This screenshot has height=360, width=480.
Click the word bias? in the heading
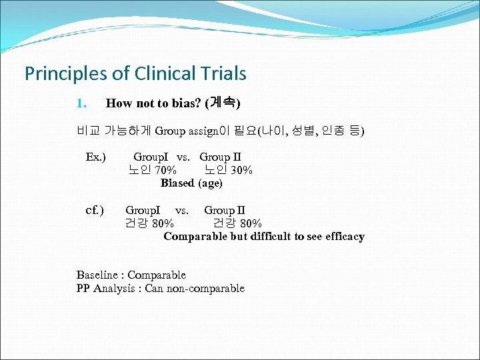pyautogui.click(x=190, y=103)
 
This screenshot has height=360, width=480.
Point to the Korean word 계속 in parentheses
pyautogui.click(x=223, y=103)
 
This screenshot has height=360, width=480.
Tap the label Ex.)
pyautogui.click(x=96, y=157)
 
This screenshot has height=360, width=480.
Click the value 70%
pyautogui.click(x=164, y=170)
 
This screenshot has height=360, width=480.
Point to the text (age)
pyautogui.click(x=211, y=183)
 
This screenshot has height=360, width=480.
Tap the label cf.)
pyautogui.click(x=95, y=211)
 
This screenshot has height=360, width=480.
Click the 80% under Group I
pyautogui.click(x=163, y=223)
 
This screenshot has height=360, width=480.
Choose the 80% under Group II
pyautogui.click(x=250, y=223)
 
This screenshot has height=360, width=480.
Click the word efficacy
pyautogui.click(x=344, y=236)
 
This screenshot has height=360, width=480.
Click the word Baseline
pyautogui.click(x=97, y=275)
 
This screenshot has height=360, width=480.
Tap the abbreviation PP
pyautogui.click(x=83, y=288)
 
